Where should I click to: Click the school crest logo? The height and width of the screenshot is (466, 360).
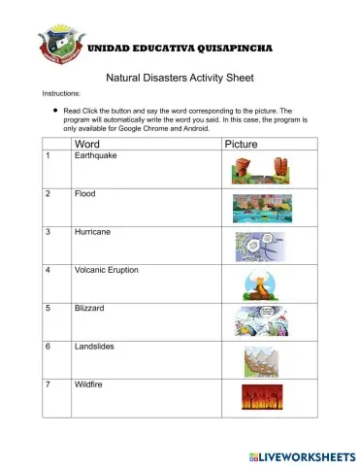(x=60, y=46)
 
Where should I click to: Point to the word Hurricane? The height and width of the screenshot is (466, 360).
(x=93, y=233)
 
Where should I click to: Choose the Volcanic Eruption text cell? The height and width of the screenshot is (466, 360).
(x=108, y=271)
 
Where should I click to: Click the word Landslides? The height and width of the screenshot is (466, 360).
(x=95, y=347)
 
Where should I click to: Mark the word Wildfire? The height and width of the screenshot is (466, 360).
(x=90, y=384)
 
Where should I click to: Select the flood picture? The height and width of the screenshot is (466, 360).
(x=261, y=209)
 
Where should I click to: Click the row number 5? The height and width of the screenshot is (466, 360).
(x=48, y=309)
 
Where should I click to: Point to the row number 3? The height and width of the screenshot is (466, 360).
(x=48, y=233)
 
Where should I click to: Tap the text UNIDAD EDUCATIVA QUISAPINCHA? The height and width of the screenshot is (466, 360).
(x=180, y=47)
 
